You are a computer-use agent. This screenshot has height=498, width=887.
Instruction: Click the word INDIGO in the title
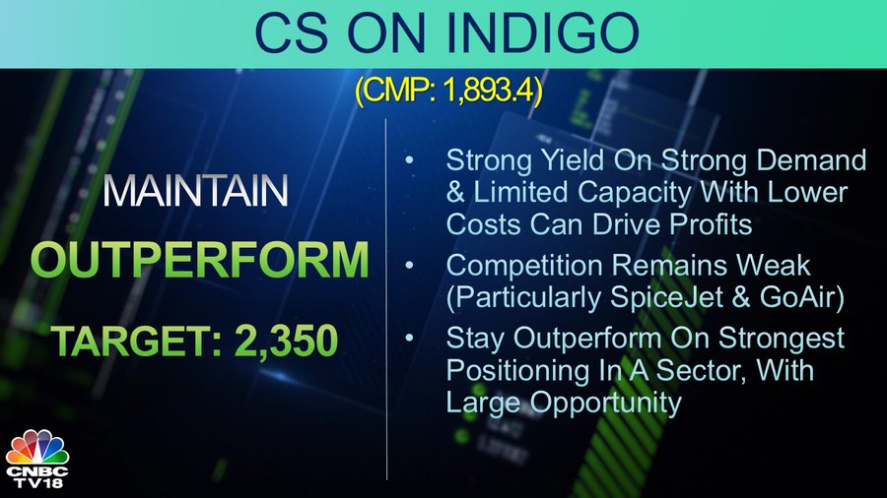click(542, 32)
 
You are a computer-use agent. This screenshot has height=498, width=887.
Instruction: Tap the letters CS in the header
click(291, 32)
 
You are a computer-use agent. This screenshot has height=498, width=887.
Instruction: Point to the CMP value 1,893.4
click(490, 90)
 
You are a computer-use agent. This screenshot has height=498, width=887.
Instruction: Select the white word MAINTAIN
click(195, 191)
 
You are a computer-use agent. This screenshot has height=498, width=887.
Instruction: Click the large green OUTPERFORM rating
click(200, 260)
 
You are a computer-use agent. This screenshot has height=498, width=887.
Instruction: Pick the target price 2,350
click(286, 342)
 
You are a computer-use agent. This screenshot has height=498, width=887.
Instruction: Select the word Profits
click(711, 224)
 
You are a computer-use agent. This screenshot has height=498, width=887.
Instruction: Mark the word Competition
click(524, 266)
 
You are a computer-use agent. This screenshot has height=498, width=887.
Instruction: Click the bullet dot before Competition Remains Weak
click(409, 266)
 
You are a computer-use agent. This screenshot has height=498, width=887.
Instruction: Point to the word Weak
click(779, 266)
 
